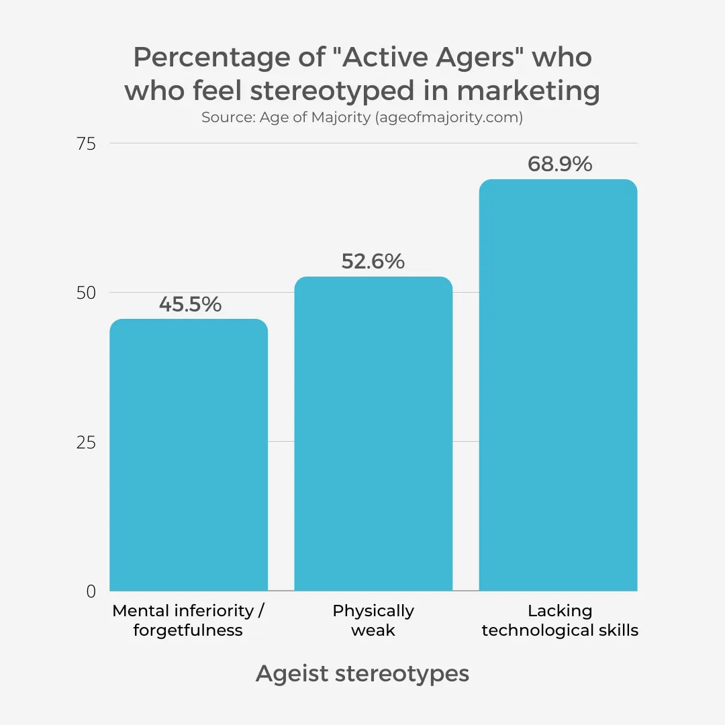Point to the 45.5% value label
point(190,305)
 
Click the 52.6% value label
point(373,261)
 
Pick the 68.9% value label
point(560,164)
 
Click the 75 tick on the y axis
point(87,144)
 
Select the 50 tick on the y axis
point(87,293)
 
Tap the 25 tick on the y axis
point(87,442)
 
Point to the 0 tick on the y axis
point(91,591)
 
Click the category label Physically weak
point(373,620)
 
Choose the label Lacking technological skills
point(560,620)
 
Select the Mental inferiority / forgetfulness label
point(188,620)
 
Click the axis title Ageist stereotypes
point(362,673)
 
